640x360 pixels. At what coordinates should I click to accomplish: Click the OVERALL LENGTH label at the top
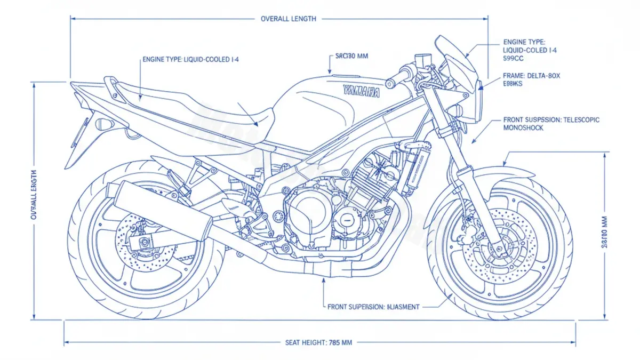[x=288, y=19]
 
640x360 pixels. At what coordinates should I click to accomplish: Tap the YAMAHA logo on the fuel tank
[x=362, y=91]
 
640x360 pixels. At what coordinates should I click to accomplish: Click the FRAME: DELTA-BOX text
[x=532, y=76]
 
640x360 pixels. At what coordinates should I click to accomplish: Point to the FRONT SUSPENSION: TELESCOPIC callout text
[x=551, y=121]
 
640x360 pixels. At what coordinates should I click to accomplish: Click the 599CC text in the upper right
[x=513, y=59]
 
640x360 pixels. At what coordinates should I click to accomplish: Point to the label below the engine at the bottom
[x=373, y=307]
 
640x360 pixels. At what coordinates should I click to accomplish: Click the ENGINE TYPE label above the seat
[x=190, y=60]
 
